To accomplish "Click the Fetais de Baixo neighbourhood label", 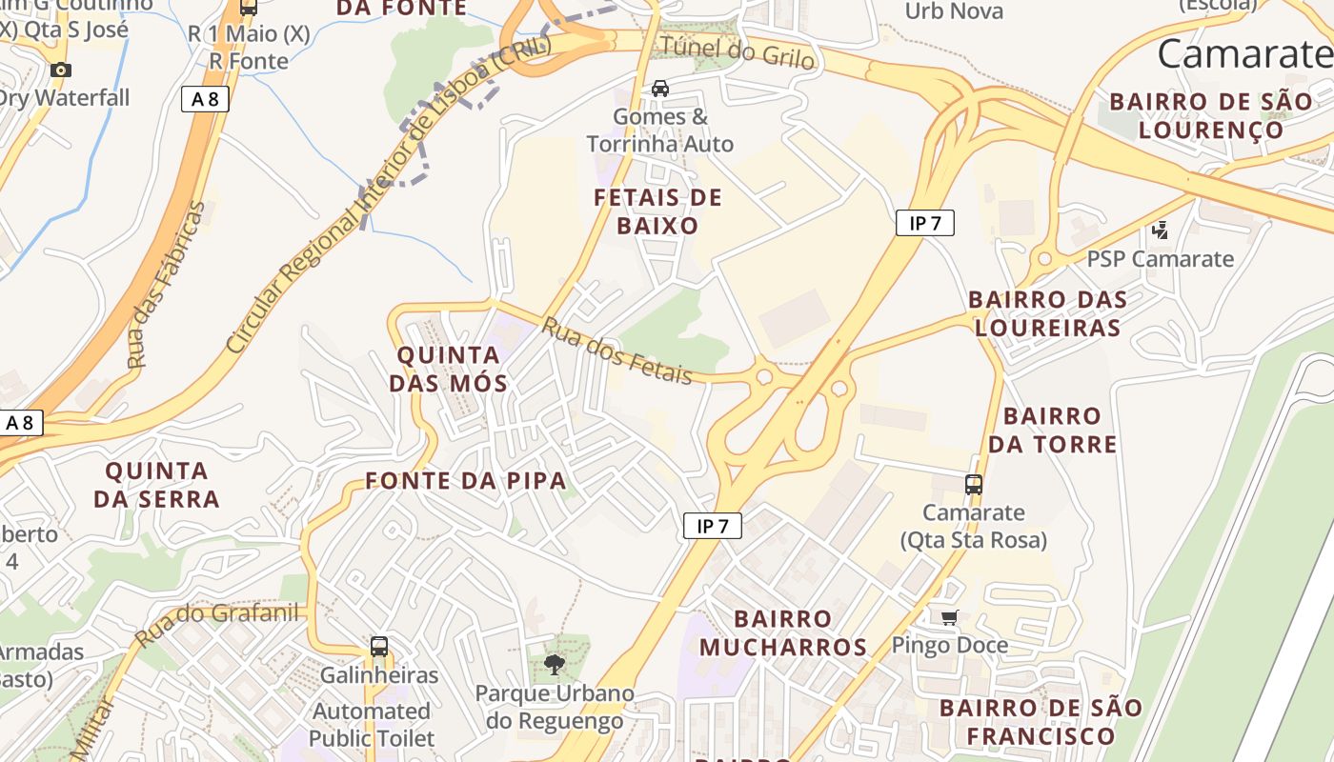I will pos(657,211).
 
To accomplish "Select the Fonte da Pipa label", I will pos(466,480).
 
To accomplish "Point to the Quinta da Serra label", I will pos(156,484).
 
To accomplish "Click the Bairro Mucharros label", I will pos(783,633).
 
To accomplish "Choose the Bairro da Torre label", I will pos(1052,430).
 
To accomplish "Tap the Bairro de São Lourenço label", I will pos(1210,114).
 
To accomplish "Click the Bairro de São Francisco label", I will pos(1041,721).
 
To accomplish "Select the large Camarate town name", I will pos(1244,54).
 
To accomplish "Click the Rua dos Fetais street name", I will pos(617,351).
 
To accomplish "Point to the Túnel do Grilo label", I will pos(738,51).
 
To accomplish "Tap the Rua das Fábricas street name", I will pos(168,285).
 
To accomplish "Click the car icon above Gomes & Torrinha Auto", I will pos(659,89).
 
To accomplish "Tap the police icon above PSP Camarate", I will pos(1160,230).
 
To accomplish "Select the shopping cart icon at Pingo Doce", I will pos(949,617).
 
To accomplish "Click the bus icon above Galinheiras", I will pos(379,647).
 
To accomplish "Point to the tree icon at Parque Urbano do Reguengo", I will pos(555,664).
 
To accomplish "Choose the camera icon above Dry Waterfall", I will pos(61,70).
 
